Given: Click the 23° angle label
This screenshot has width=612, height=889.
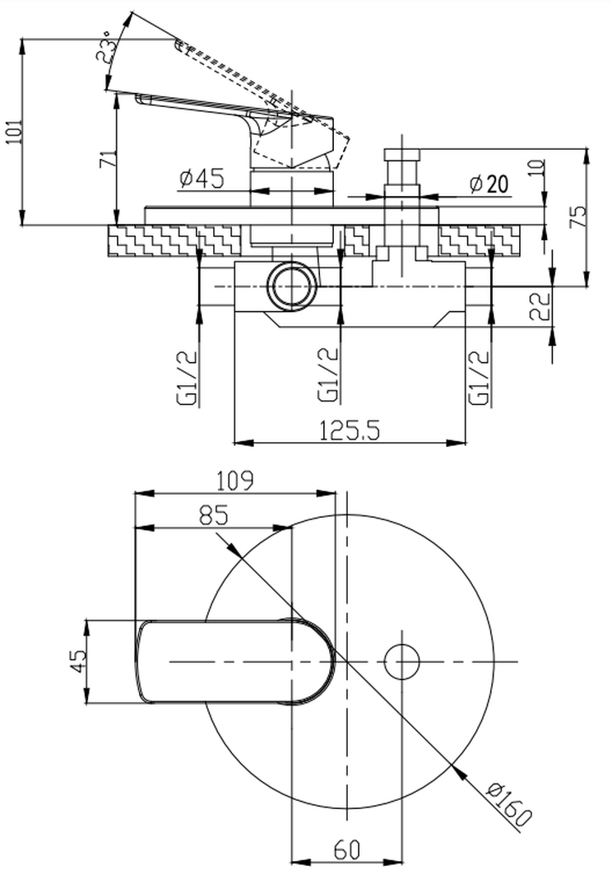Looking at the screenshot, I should click(x=106, y=47).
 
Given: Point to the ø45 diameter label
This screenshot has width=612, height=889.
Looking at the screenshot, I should click(x=201, y=179).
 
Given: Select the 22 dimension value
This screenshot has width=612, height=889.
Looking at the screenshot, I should click(x=540, y=307).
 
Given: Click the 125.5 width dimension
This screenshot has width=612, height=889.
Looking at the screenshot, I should click(x=350, y=429).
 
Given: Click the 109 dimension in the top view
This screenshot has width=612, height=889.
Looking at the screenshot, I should click(x=234, y=479).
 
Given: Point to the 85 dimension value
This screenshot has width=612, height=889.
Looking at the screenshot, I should click(x=213, y=514).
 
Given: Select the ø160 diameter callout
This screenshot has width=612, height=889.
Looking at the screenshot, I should click(x=509, y=803).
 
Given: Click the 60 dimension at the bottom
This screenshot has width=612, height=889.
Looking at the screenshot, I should click(x=347, y=848).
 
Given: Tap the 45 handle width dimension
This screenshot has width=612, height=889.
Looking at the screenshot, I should click(x=76, y=662).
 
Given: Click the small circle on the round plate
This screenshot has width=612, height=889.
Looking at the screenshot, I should click(x=402, y=661).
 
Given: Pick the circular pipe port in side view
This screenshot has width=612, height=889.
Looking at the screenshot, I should click(x=291, y=286).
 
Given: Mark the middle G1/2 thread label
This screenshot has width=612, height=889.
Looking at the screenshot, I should click(x=329, y=377).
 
